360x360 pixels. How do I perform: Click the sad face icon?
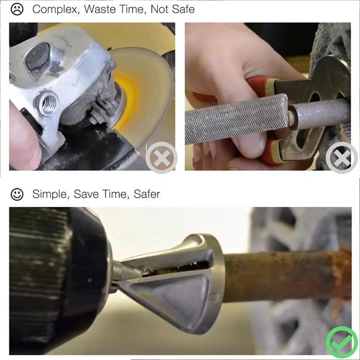click(x=17, y=9)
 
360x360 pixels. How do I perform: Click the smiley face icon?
click(x=17, y=194)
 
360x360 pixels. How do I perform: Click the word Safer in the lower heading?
click(x=147, y=194)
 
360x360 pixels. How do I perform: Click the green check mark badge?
click(x=342, y=342)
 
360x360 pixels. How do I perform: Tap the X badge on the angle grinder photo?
click(x=161, y=158)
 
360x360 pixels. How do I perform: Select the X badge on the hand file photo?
click(x=342, y=158)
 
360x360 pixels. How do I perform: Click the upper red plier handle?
click(x=259, y=85)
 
